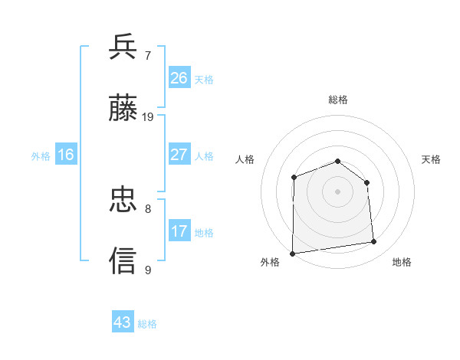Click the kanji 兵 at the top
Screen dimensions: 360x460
(x=123, y=47)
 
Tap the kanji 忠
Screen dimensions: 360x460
(x=123, y=200)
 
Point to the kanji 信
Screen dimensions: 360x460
(x=123, y=260)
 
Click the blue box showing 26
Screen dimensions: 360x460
(x=179, y=78)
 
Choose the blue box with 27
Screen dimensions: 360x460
(x=179, y=155)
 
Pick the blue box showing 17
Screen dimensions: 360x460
(x=179, y=231)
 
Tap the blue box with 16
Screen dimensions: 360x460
(x=66, y=155)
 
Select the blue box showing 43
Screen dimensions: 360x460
(x=123, y=322)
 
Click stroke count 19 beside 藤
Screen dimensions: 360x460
(x=148, y=117)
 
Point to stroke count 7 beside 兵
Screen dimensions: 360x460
(x=148, y=56)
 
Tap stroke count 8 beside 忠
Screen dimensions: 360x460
(x=148, y=208)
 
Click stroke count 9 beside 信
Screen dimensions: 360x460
(x=148, y=270)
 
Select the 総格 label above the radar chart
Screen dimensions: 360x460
(x=338, y=100)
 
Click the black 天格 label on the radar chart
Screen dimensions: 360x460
(x=432, y=159)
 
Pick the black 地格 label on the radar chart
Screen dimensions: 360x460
(x=402, y=263)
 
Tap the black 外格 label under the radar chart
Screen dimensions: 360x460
(x=270, y=263)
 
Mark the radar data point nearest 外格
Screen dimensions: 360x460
(x=292, y=254)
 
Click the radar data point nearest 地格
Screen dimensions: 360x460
(x=373, y=242)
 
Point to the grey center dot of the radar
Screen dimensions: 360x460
(x=337, y=191)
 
